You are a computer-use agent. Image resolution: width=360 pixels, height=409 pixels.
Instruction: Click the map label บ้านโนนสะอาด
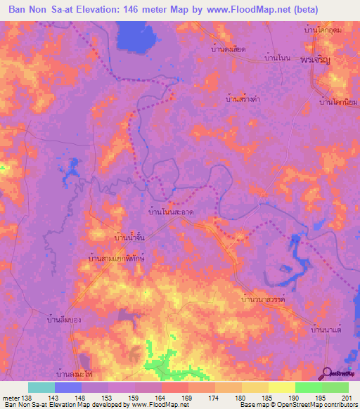pyautogui.click(x=172, y=211)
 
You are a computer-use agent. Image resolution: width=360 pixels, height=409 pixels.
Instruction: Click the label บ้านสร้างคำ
pyautogui.click(x=242, y=100)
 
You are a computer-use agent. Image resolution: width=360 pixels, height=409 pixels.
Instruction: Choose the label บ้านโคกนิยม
pyautogui.click(x=335, y=103)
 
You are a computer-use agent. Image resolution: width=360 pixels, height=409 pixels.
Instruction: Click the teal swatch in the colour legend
pyautogui.click(x=41, y=387)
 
